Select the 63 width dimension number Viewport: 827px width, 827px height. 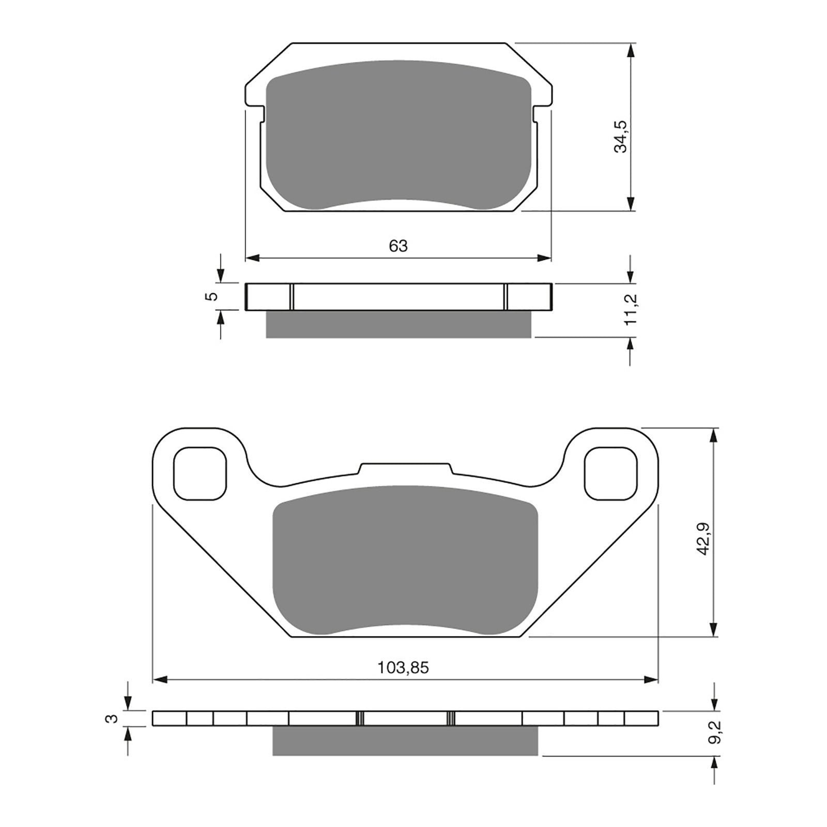click(398, 246)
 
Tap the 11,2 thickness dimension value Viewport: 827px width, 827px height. click(632, 309)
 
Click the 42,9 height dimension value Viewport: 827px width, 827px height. click(705, 539)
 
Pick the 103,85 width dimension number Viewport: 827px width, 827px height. click(403, 668)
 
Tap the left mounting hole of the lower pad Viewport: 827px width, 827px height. click(201, 473)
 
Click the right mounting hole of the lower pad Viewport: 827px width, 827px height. click(610, 473)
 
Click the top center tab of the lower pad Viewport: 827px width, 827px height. click(405, 468)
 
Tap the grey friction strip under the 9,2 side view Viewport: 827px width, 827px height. click(405, 741)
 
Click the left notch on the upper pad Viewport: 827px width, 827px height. click(262, 113)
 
